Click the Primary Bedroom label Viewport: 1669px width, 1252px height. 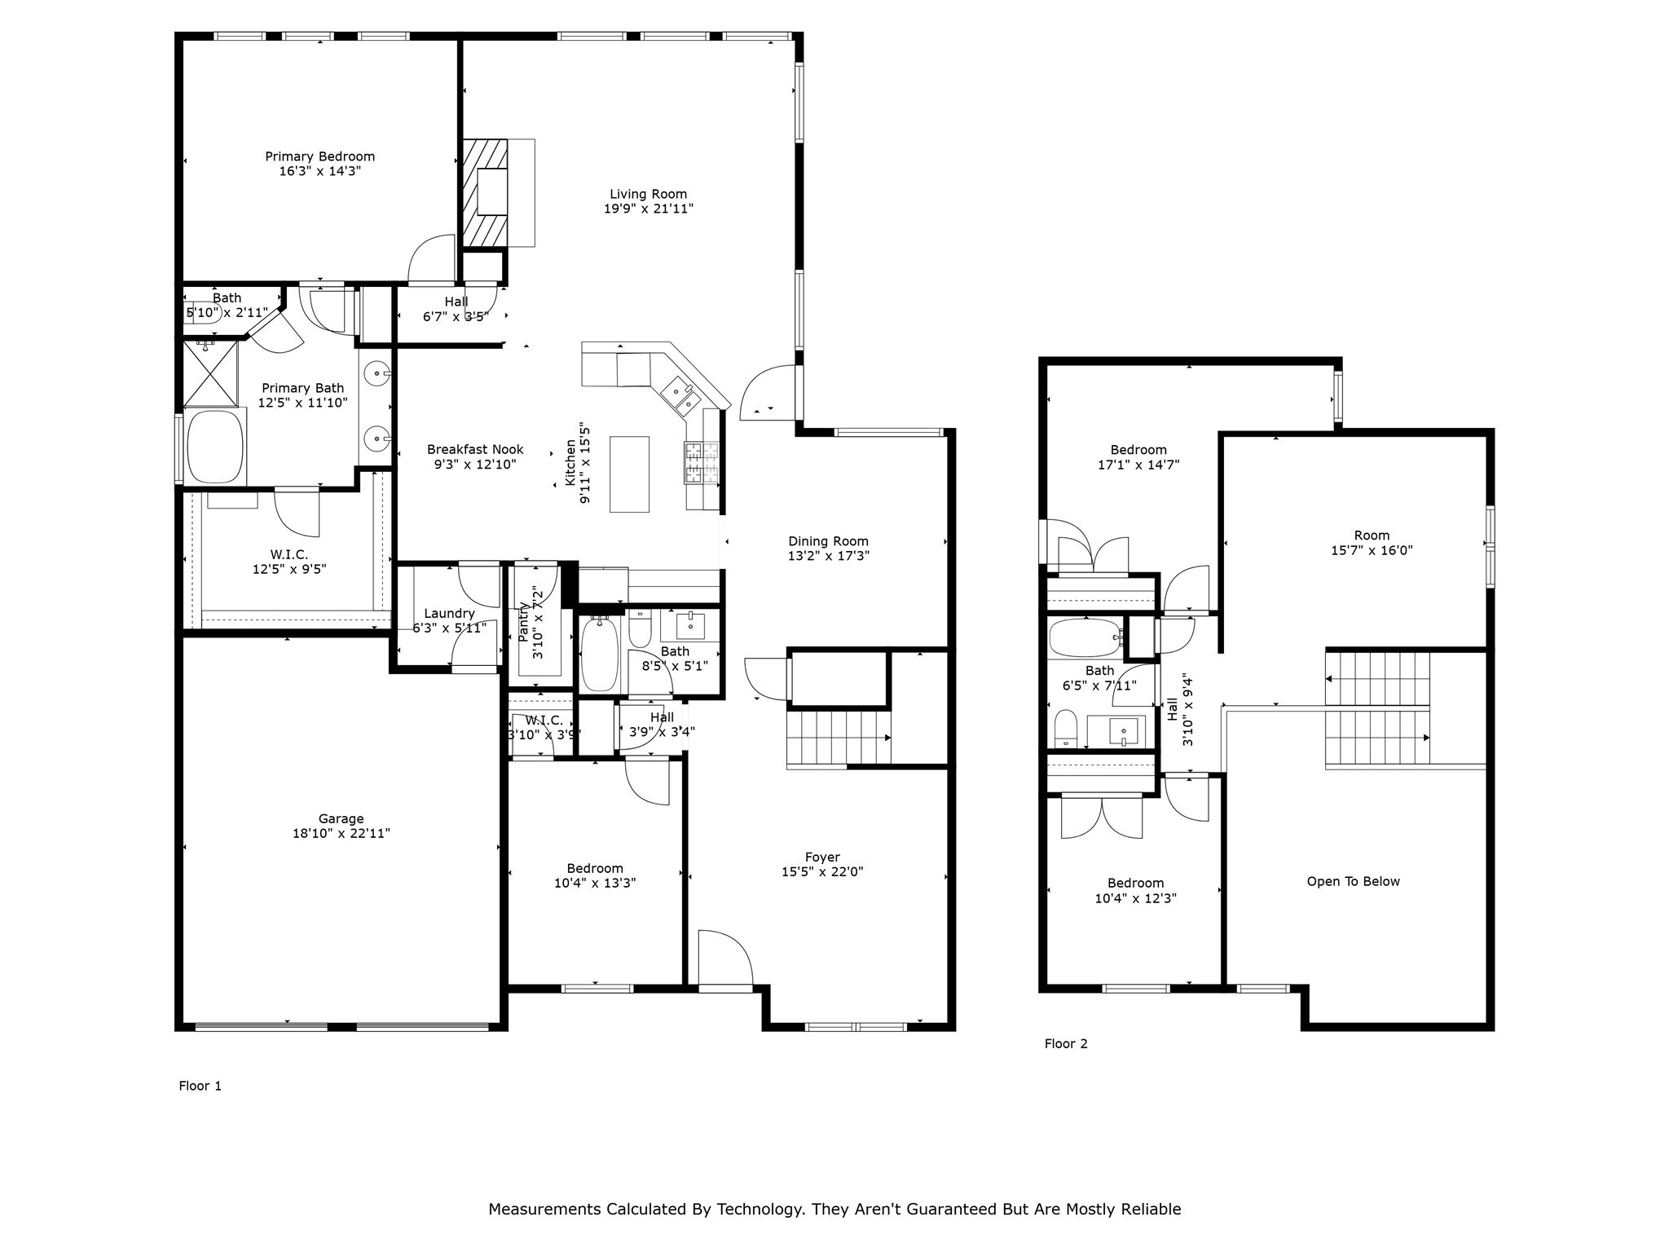tap(319, 156)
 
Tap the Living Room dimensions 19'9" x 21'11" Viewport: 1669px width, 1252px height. tap(648, 209)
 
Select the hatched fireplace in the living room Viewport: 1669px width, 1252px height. tap(485, 192)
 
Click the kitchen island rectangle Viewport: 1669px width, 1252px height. tap(629, 474)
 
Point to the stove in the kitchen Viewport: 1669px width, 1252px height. tap(702, 462)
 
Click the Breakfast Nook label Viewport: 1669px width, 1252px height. tap(475, 449)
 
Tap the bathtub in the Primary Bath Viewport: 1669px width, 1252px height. tap(215, 447)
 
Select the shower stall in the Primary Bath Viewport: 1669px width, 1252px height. tap(210, 373)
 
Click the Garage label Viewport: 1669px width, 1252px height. tap(341, 818)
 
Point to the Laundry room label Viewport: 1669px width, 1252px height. tap(449, 613)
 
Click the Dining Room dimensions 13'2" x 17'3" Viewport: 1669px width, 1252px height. tap(828, 556)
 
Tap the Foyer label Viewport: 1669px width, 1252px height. tap(822, 857)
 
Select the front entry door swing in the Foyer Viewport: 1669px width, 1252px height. tap(724, 959)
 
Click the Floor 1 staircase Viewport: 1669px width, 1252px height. tap(838, 738)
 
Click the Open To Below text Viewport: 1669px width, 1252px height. tap(1353, 881)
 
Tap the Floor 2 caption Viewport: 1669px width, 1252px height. tap(1066, 1043)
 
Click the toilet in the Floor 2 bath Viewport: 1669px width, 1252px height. tap(1065, 728)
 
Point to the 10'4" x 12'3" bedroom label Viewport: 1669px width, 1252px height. tap(1135, 898)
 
